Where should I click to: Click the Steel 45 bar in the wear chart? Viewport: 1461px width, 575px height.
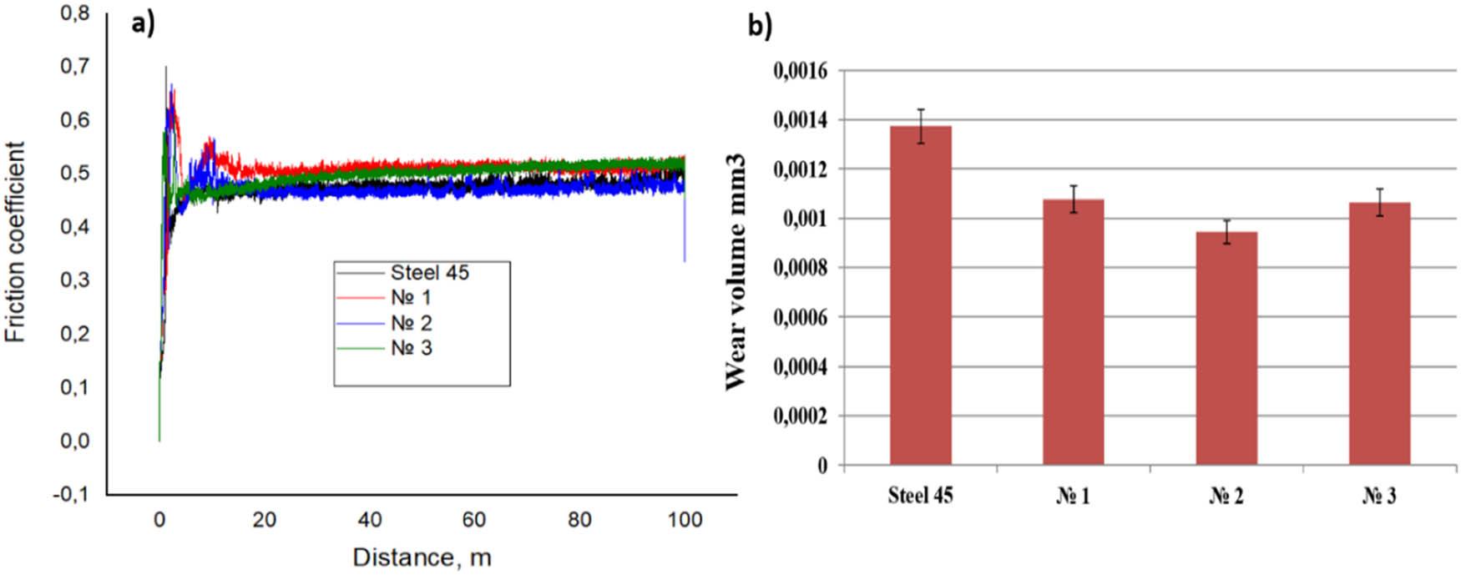point(920,295)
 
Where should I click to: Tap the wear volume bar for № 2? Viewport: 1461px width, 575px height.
point(1226,348)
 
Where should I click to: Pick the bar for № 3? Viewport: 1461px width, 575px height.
point(1379,334)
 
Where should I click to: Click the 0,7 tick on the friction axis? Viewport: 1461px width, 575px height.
point(74,66)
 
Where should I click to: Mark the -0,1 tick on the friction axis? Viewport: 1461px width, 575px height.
point(70,494)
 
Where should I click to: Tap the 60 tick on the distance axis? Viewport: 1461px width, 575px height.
point(474,520)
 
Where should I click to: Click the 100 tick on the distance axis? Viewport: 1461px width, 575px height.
point(685,520)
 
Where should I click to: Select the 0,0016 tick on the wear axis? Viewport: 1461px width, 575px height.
point(800,71)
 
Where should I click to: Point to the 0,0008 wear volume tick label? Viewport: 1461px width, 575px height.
point(800,268)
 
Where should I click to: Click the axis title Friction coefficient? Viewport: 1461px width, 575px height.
point(16,242)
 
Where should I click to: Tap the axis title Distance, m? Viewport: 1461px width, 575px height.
point(422,557)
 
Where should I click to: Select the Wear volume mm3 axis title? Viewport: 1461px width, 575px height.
point(736,271)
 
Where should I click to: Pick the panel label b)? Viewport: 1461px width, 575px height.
point(760,26)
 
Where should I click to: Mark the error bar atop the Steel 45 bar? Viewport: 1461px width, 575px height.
point(921,126)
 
